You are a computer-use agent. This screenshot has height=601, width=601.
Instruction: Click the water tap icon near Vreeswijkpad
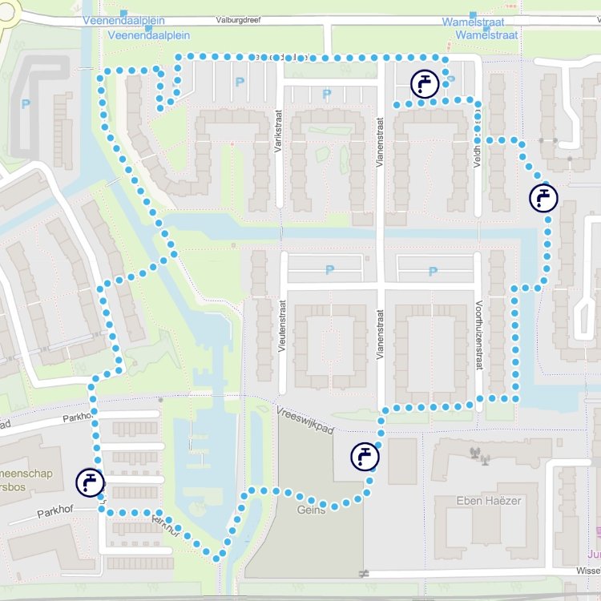point(365,457)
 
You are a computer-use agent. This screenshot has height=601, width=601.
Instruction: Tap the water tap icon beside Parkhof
point(91,482)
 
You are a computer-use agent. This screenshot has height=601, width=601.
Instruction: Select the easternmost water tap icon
point(543,196)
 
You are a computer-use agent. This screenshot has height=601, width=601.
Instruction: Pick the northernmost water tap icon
point(424,83)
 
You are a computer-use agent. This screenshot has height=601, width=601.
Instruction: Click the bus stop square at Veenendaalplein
point(123,14)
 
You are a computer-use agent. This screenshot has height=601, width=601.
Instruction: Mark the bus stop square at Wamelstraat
point(473,14)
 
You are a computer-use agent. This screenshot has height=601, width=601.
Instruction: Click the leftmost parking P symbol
point(26,103)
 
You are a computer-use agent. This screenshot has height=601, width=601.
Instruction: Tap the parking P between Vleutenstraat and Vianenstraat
point(329,270)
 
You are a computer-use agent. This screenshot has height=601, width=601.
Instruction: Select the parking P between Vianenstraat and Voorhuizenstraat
point(433,272)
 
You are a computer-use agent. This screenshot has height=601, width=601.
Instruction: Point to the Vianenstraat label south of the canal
point(381,329)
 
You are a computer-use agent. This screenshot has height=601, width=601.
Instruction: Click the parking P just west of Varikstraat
point(238,82)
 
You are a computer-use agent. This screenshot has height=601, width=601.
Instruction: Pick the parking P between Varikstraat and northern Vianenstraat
point(326,95)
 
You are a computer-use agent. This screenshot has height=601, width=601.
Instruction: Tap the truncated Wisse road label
point(587,573)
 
